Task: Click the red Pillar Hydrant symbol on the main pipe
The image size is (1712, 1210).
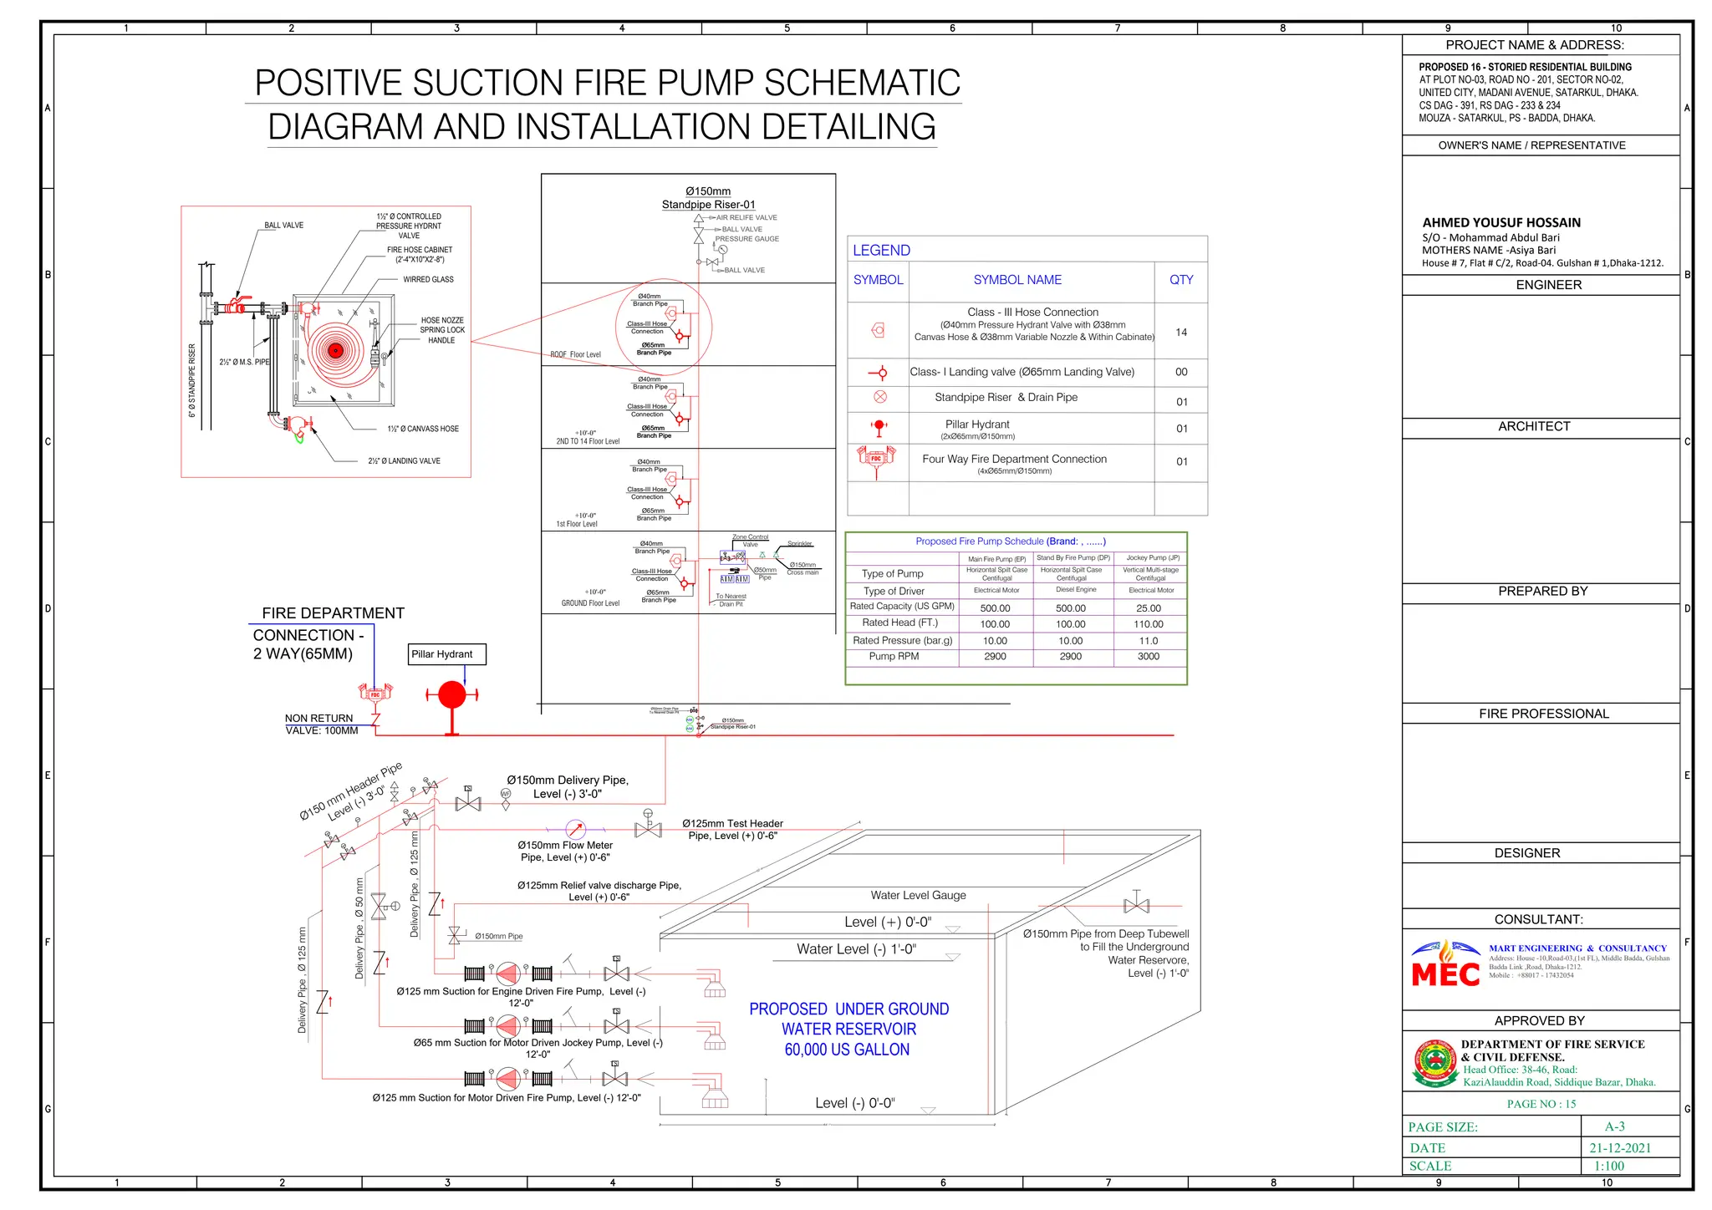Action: (x=452, y=695)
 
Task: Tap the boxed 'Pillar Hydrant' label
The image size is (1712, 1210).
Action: (x=447, y=654)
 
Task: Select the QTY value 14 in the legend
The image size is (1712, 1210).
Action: (x=1181, y=333)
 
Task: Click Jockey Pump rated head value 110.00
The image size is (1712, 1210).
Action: (x=1149, y=624)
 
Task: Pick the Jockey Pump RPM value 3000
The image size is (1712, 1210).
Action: (x=1149, y=657)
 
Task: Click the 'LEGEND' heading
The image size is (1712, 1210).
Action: (x=881, y=251)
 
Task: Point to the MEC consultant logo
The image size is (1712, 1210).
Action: (x=1445, y=964)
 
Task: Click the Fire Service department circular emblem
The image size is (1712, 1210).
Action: (x=1434, y=1063)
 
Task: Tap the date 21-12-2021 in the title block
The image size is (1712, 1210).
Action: (x=1620, y=1148)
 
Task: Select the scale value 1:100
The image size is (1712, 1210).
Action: (x=1608, y=1167)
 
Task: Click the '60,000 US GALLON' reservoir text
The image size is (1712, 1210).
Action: (x=847, y=1050)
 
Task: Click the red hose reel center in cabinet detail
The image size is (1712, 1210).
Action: (x=335, y=351)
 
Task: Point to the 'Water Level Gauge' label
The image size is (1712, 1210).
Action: (x=918, y=896)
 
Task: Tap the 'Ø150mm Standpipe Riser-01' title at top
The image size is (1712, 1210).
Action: (x=708, y=198)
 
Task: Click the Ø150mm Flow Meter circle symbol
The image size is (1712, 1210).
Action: (x=576, y=830)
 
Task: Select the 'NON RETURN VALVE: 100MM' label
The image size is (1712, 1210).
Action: (x=321, y=724)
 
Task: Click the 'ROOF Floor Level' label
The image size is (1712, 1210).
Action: (x=575, y=355)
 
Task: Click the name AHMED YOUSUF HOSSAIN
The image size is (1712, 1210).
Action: (x=1501, y=223)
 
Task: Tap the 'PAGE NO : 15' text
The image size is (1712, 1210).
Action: (x=1541, y=1104)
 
